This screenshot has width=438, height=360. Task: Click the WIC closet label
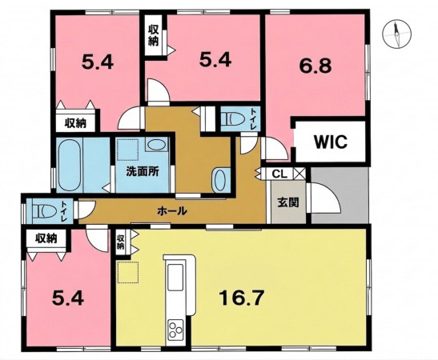click(331, 142)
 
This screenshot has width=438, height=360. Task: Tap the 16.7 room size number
click(242, 298)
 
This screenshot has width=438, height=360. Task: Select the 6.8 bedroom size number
click(315, 66)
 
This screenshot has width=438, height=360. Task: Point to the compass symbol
click(396, 34)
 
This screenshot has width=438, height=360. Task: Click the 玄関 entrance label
click(288, 202)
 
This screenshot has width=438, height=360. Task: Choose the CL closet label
click(279, 174)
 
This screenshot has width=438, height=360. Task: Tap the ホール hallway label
click(172, 210)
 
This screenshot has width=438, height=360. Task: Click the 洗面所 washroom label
click(143, 171)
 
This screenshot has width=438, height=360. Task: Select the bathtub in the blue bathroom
click(70, 166)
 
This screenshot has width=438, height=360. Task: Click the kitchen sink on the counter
click(175, 278)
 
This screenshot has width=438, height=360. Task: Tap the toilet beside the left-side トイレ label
click(44, 211)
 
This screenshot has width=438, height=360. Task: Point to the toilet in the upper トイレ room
click(232, 119)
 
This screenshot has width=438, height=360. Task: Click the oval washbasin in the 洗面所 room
click(156, 145)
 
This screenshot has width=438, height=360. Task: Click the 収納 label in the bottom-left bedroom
click(46, 238)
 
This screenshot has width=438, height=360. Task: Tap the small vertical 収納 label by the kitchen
click(121, 242)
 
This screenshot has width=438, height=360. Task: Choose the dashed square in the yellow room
click(127, 272)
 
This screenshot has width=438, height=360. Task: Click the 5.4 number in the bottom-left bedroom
click(68, 298)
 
